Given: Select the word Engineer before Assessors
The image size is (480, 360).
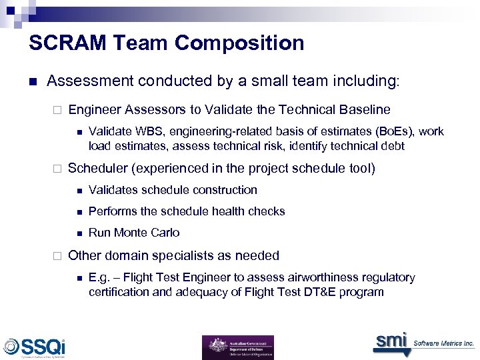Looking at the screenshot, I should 94,109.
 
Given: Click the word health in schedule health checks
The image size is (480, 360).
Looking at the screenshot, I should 209,211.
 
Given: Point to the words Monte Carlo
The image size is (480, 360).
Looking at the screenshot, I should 147,233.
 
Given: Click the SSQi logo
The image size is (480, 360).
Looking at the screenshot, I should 35,347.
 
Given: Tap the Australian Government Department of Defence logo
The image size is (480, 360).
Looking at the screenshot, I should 238,347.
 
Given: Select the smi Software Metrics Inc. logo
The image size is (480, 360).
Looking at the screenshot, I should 423,342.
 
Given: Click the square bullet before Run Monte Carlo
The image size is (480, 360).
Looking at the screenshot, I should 79,233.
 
